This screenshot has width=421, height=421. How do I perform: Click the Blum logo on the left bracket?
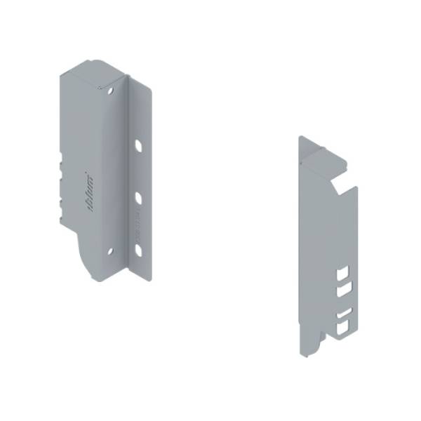[91, 190]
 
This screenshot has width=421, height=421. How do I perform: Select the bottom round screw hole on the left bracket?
[109, 250]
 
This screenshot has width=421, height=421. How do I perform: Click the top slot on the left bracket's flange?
[138, 146]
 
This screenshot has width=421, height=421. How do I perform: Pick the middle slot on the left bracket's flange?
[138, 198]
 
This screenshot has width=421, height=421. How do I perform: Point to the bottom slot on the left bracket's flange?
[138, 249]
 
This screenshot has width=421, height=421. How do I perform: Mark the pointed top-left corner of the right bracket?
[300, 138]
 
